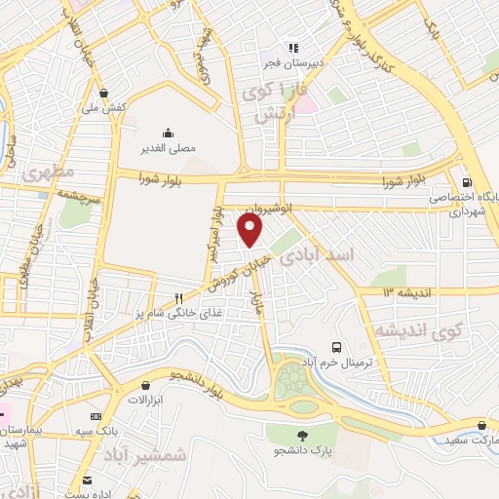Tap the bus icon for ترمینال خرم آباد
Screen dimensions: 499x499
[336, 346]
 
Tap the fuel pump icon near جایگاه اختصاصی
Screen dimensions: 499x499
[467, 181]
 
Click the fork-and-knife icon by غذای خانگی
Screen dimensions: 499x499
[178, 297]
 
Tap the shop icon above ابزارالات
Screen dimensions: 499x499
[145, 386]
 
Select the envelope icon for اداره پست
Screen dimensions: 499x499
[87, 480]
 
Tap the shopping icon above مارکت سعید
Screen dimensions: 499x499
[483, 425]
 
